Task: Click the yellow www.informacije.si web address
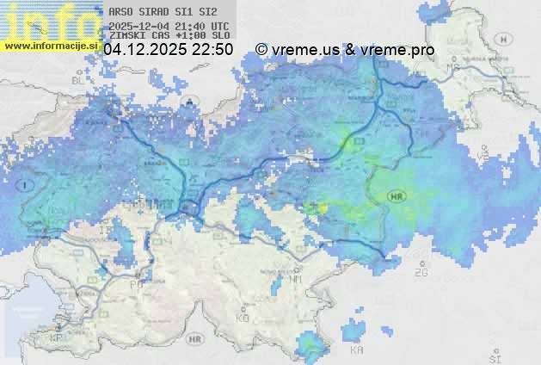pos(50,46)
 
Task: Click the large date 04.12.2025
pos(144,50)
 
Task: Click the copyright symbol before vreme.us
pos(261,50)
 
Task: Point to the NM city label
pos(296,279)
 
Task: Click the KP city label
pos(57,338)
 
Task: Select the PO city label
pos(135,283)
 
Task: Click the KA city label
pos(356,350)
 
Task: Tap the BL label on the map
pos(80,80)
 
